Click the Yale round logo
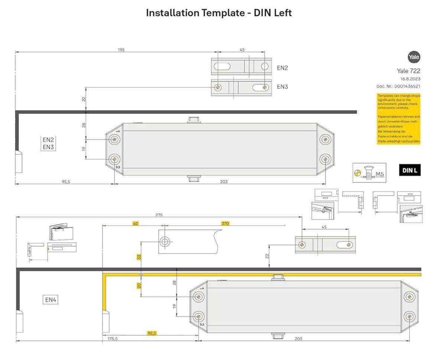point(414,57)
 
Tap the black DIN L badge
point(409,170)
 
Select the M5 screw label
point(379,173)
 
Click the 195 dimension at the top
point(121,50)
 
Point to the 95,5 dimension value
point(66,182)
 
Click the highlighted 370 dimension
point(225,223)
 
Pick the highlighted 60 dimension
point(136,223)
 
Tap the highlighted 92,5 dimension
point(152,333)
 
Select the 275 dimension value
point(159,215)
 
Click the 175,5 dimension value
point(112,338)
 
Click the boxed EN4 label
point(51,299)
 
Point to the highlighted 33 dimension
point(139,257)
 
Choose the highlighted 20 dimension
point(139,285)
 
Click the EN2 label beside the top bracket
point(282,68)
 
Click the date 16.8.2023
point(410,79)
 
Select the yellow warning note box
point(399,119)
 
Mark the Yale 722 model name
point(408,71)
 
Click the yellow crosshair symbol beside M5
point(357,172)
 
